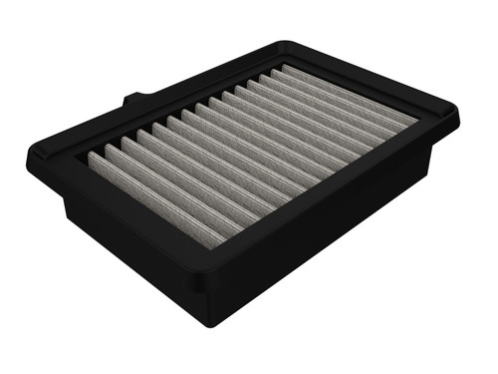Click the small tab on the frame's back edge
coord(134,100)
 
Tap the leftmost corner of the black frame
coord(30,160)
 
